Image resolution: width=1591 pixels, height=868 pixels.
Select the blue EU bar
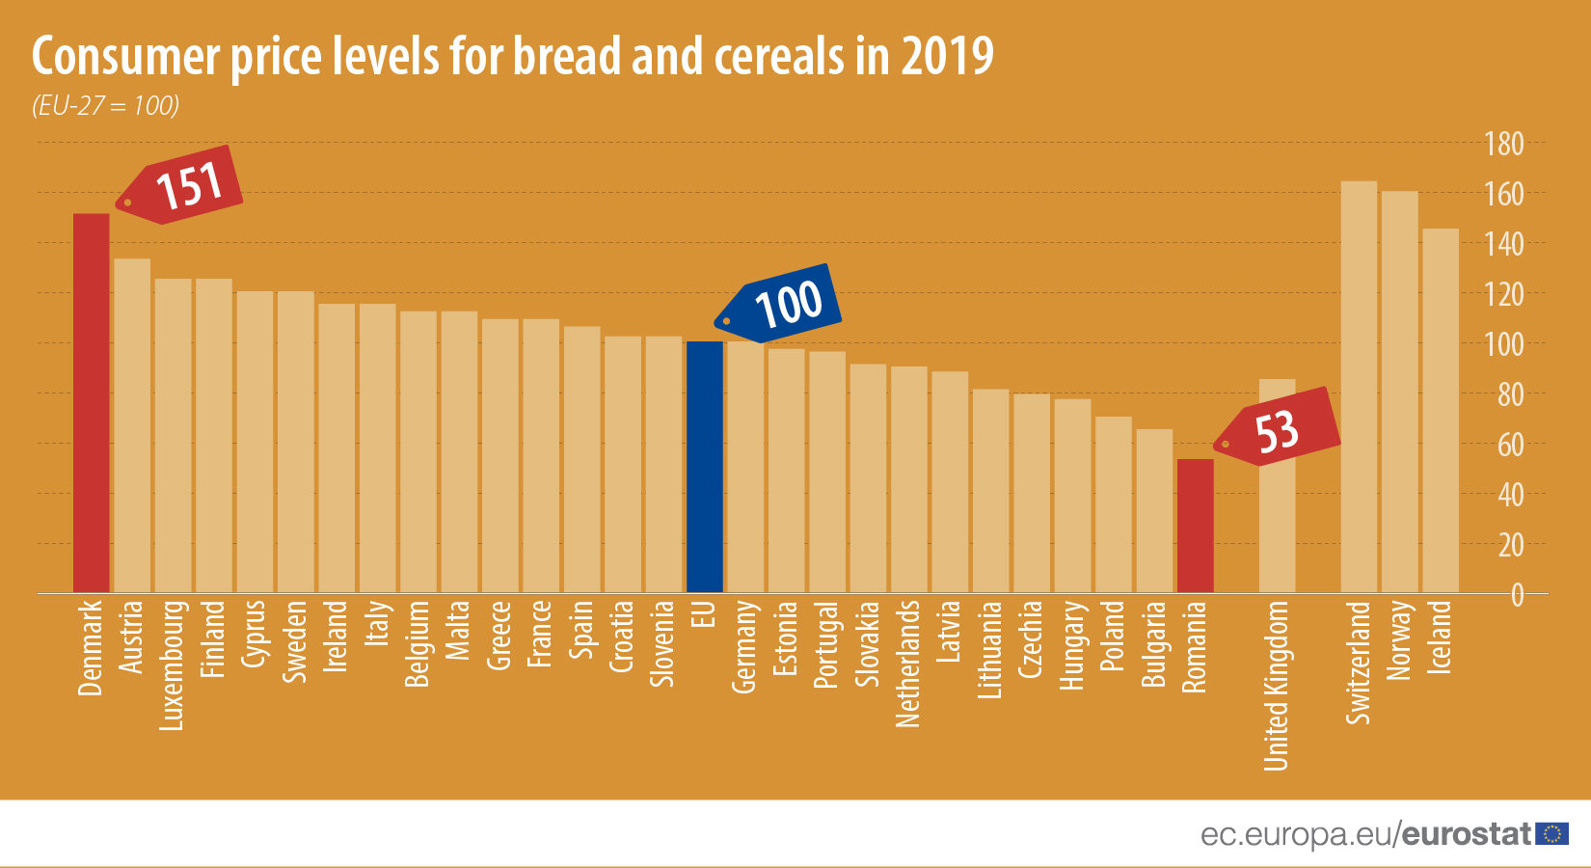(x=704, y=467)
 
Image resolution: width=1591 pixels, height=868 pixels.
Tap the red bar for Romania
(x=1195, y=526)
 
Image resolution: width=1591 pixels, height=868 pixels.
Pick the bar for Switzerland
(x=1359, y=387)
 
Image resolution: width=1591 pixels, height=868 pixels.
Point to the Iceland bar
(x=1441, y=411)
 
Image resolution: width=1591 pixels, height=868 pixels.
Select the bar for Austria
(x=132, y=425)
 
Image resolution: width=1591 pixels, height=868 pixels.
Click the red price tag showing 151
(x=183, y=185)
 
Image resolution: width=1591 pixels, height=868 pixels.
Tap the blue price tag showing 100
(x=782, y=304)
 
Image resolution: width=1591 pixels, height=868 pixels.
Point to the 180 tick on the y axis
(x=1503, y=145)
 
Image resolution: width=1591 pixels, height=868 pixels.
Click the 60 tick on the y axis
(x=1509, y=445)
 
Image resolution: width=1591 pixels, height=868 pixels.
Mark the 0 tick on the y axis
(x=1517, y=595)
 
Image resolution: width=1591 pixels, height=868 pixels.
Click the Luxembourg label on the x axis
(x=173, y=665)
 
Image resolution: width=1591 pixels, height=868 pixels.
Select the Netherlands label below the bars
(x=908, y=664)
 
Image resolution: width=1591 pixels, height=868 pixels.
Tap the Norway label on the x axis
(x=1398, y=640)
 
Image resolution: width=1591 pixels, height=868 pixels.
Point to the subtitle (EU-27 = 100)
(x=106, y=105)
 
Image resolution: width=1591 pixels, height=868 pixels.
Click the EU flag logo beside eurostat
(x=1552, y=834)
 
